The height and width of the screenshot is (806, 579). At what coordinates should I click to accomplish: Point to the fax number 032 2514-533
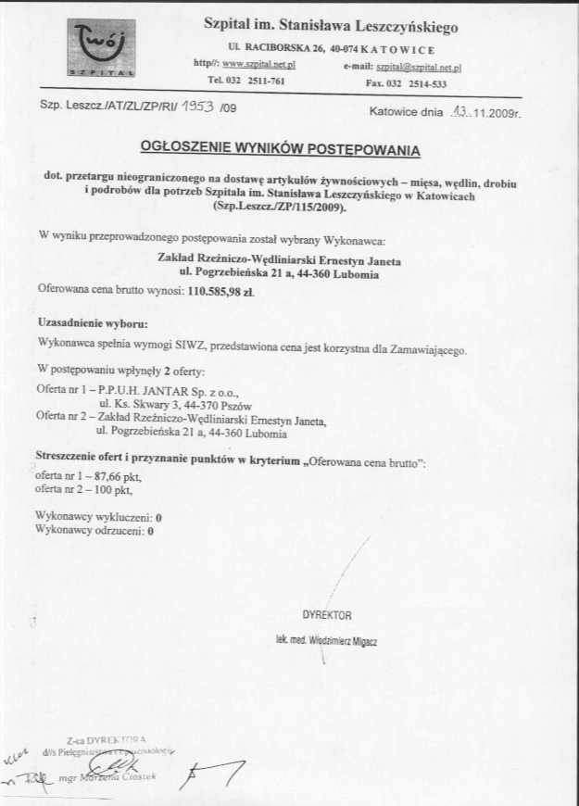point(428,83)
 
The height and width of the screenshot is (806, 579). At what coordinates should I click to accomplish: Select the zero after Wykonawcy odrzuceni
point(151,532)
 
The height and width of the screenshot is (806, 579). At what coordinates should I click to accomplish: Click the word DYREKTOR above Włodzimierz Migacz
point(326,615)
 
